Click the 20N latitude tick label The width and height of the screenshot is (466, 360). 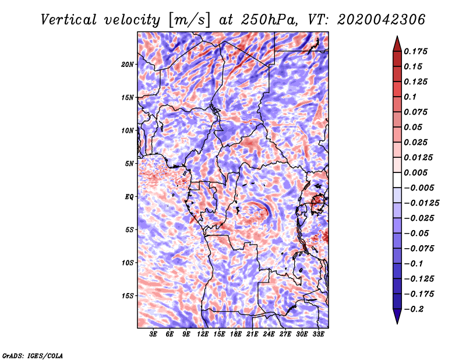(x=128, y=64)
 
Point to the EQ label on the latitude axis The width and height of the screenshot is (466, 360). (x=129, y=196)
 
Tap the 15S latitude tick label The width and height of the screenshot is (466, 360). (x=128, y=295)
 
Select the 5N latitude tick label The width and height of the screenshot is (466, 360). (x=129, y=163)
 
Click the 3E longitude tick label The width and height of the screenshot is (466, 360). (x=154, y=334)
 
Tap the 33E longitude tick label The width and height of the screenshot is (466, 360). (x=319, y=334)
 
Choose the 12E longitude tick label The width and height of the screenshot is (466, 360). (x=203, y=334)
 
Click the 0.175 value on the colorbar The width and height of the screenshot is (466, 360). (x=416, y=51)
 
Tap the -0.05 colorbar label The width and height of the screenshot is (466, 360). (x=416, y=233)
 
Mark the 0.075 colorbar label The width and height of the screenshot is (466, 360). (x=416, y=112)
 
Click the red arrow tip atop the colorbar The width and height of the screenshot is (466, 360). (x=396, y=40)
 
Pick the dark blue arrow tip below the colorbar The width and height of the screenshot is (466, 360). (x=396, y=319)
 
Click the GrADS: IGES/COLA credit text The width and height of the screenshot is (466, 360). (x=32, y=355)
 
